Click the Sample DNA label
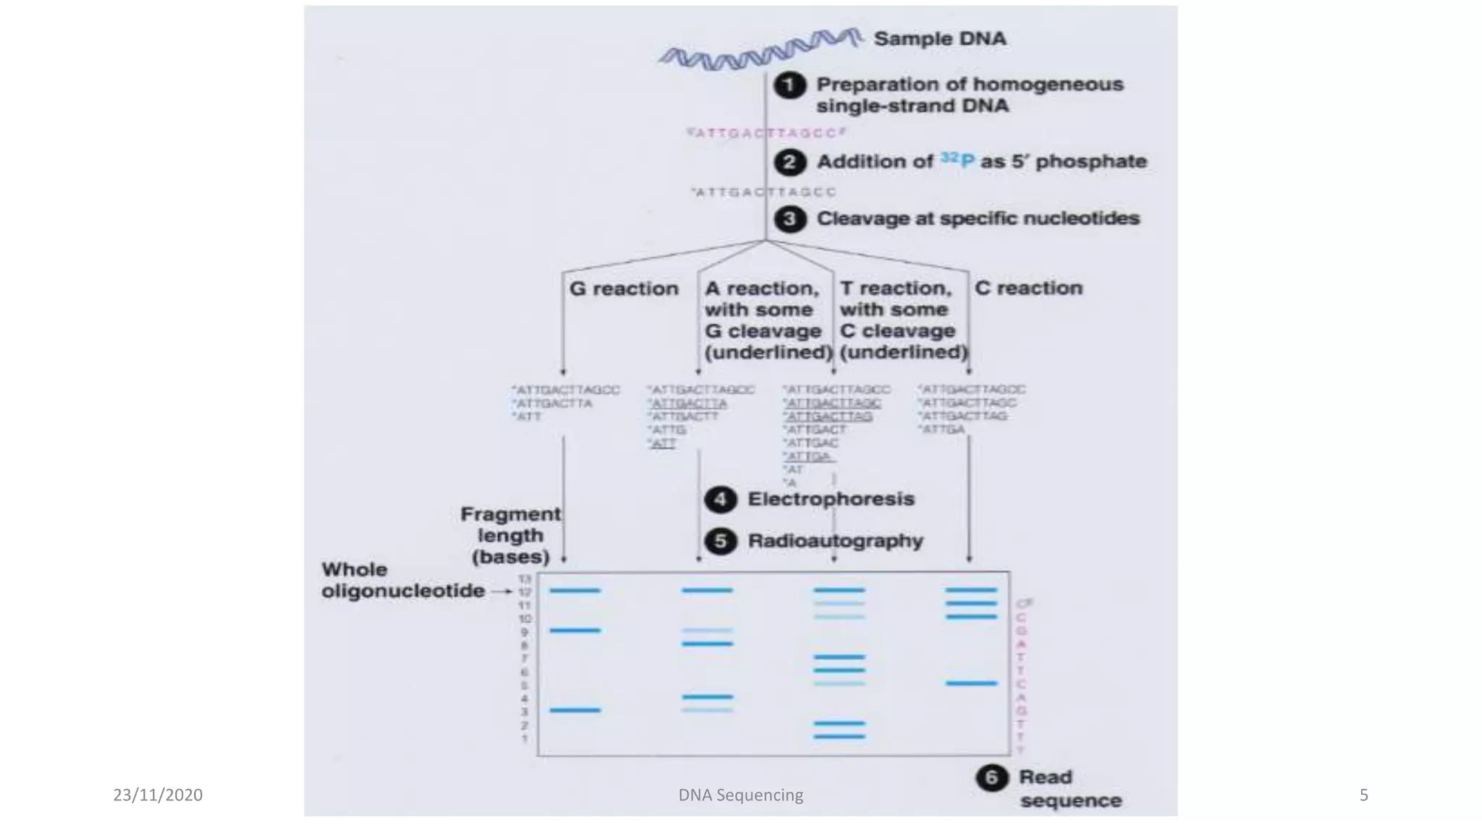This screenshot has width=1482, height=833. pyautogui.click(x=939, y=39)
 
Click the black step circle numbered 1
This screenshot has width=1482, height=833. pyautogui.click(x=789, y=85)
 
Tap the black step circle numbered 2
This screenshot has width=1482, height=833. pyautogui.click(x=789, y=162)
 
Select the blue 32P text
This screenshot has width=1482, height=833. pyautogui.click(x=957, y=160)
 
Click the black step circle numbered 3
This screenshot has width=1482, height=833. pyautogui.click(x=789, y=219)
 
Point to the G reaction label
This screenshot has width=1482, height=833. pyautogui.click(x=624, y=289)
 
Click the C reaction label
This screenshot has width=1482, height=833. pyautogui.click(x=1028, y=288)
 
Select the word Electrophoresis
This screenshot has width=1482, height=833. pyautogui.click(x=831, y=499)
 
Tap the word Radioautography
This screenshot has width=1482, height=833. pyautogui.click(x=835, y=541)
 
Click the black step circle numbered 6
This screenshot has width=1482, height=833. pyautogui.click(x=991, y=778)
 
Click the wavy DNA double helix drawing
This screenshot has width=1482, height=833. pyautogui.click(x=760, y=49)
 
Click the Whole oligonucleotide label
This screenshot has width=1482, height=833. pyautogui.click(x=403, y=580)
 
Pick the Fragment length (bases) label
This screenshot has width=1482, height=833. pyautogui.click(x=511, y=536)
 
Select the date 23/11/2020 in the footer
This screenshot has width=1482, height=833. pyautogui.click(x=158, y=795)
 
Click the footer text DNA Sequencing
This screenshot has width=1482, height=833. pyautogui.click(x=740, y=795)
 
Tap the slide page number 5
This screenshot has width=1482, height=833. pyautogui.click(x=1363, y=795)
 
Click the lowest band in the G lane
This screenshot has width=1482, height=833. pyautogui.click(x=575, y=710)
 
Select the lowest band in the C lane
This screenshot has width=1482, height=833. pyautogui.click(x=971, y=683)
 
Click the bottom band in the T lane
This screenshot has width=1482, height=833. pyautogui.click(x=839, y=736)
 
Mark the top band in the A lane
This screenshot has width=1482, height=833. pyautogui.click(x=706, y=591)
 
